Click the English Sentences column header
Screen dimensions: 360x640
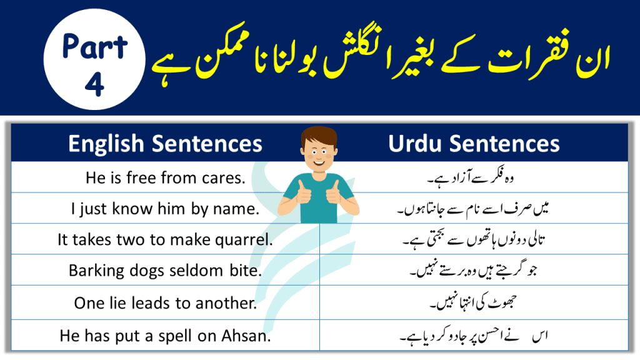click(x=165, y=144)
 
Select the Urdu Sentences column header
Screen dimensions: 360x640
click(x=474, y=144)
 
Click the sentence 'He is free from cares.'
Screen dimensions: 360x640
click(x=165, y=177)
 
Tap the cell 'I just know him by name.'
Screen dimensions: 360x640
click(x=165, y=209)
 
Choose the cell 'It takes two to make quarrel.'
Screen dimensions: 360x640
click(x=165, y=240)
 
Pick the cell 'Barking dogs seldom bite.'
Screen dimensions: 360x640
click(x=165, y=271)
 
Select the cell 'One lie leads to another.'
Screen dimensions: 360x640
click(x=165, y=302)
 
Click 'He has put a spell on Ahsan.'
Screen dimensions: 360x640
click(x=165, y=335)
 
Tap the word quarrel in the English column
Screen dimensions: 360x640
click(x=247, y=241)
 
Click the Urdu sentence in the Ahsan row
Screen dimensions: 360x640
click(x=469, y=337)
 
